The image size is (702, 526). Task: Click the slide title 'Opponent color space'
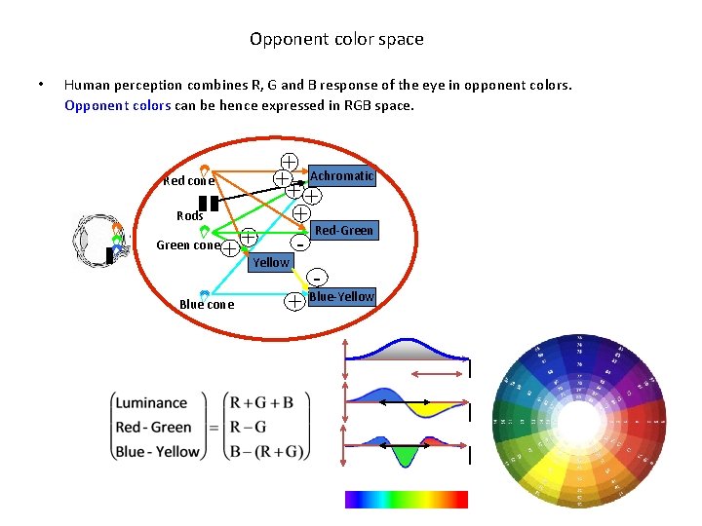336,40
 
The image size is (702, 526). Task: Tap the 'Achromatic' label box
341,175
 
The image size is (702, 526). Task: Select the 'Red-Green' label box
343,231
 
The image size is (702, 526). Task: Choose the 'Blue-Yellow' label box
340,296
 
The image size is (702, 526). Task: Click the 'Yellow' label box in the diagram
270,262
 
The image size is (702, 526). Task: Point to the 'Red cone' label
188,181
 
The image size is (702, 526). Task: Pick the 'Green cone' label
188,245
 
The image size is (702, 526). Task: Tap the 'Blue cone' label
207,305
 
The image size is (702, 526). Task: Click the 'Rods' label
189,216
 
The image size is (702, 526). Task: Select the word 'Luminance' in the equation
151,403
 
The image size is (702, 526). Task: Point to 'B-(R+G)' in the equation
266,451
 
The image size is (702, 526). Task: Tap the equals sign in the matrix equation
214,428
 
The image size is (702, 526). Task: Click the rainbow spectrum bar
407,499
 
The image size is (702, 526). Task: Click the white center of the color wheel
580,427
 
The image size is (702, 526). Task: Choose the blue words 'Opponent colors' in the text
117,105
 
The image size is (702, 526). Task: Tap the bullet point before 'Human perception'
39,84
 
